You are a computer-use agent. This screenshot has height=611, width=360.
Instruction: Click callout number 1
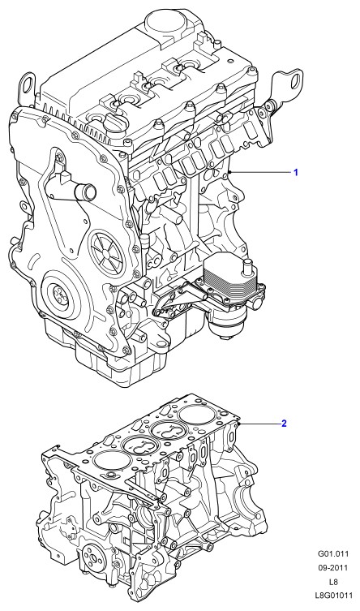(x=295, y=172)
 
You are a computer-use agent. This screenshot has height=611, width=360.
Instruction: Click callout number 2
(x=284, y=424)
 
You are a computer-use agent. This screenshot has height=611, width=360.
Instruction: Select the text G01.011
(x=333, y=553)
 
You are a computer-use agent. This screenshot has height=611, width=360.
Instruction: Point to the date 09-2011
(x=333, y=567)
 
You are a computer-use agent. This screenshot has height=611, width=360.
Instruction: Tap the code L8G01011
(x=333, y=596)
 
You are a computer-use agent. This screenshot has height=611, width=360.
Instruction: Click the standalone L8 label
(x=333, y=582)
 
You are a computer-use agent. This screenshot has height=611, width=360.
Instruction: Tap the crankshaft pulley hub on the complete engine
(x=60, y=296)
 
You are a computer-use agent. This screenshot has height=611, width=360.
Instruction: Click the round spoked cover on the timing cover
(x=107, y=252)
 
